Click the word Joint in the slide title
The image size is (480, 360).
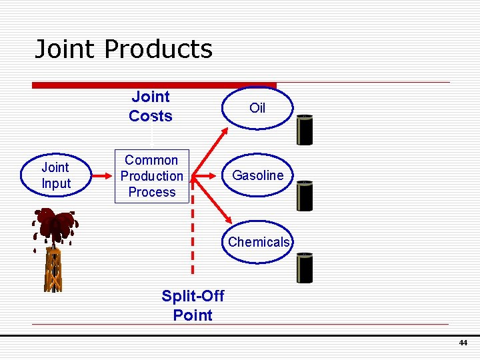(66, 49)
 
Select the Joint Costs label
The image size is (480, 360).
(151, 107)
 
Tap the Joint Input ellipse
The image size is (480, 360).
(56, 175)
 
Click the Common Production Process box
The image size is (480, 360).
(151, 176)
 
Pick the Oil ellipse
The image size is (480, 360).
(257, 108)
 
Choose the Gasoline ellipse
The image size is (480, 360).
(257, 175)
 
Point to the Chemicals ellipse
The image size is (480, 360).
(259, 242)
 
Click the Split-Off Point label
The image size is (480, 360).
(193, 305)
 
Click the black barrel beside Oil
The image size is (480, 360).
(305, 130)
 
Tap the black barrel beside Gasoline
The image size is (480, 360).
(305, 197)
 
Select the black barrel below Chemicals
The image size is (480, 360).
(305, 268)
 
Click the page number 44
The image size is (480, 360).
(463, 343)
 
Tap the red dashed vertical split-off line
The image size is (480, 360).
(193, 233)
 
